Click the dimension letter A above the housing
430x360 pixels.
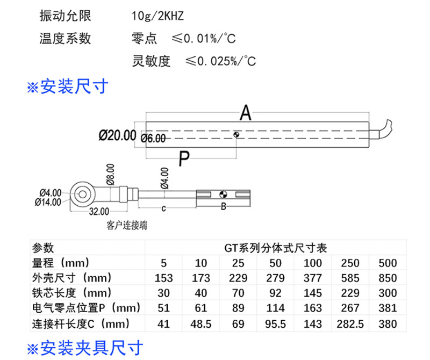246,113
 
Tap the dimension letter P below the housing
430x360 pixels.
184,159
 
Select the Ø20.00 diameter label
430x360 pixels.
117,135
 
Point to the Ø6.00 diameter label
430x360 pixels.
153,138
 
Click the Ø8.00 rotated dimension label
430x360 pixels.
110,175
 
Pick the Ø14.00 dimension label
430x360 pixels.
48,202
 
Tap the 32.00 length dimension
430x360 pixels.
99,211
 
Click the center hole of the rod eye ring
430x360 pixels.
83,195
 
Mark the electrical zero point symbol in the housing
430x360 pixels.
236,135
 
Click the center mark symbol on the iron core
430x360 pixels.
223,195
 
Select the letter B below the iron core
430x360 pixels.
224,206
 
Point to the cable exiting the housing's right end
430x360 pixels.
383,129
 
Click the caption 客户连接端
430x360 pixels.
127,225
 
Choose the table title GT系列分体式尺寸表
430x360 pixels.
276,248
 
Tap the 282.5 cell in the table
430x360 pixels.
350,324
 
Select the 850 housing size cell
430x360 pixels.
388,278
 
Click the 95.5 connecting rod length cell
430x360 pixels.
275,324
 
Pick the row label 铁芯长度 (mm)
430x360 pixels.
72,293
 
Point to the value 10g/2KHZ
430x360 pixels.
157,16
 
